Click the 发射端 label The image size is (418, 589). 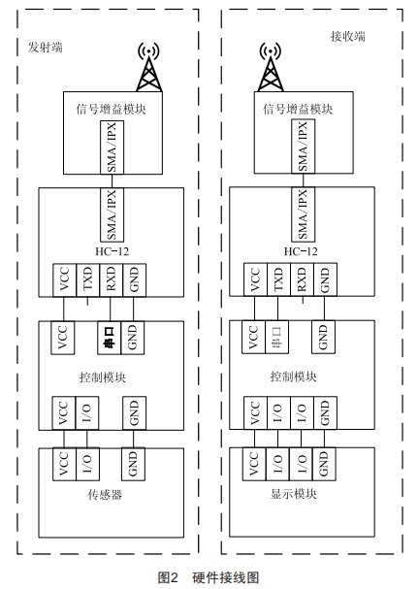click(x=45, y=48)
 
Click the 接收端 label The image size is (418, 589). click(x=348, y=36)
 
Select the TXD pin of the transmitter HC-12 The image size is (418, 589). click(x=87, y=279)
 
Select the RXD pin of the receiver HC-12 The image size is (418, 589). click(x=302, y=279)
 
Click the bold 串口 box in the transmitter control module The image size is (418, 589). click(x=110, y=338)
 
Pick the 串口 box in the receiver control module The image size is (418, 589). click(x=276, y=337)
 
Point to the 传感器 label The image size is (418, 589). click(x=105, y=494)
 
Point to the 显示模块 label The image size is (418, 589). click(x=294, y=494)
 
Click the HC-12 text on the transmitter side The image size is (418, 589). click(x=112, y=251)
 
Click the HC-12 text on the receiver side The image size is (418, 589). click(x=301, y=251)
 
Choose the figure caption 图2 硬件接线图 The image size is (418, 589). click(x=209, y=577)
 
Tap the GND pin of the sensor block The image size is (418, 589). click(x=133, y=464)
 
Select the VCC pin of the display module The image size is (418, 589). click(x=254, y=464)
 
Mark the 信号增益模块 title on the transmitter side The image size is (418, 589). click(x=111, y=110)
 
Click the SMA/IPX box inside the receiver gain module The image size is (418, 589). click(x=304, y=147)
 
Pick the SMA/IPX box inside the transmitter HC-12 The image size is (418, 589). click(x=112, y=214)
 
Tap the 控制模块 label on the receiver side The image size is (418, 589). click(x=294, y=376)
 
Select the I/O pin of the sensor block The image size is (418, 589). click(x=87, y=464)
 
